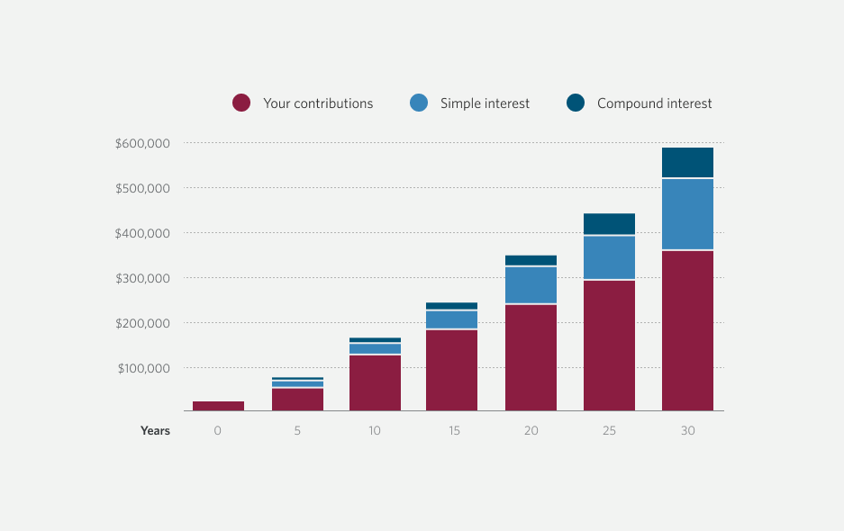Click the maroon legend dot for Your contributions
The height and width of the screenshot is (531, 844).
240,103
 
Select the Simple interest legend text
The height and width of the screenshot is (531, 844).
485,103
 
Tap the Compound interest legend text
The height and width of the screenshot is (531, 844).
654,103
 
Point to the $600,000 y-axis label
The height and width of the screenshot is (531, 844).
143,143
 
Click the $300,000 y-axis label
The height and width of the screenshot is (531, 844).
143,278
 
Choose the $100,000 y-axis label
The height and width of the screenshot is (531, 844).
143,368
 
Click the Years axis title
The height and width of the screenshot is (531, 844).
155,431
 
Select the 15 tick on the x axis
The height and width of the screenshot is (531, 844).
453,431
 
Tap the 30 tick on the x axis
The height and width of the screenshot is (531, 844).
687,431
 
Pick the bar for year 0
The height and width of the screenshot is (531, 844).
218,406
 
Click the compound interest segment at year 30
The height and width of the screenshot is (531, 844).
687,162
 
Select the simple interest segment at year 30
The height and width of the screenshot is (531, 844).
687,214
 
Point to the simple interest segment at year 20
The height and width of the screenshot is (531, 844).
531,285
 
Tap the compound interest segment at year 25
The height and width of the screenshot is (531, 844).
609,224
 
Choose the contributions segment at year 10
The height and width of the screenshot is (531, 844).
375,382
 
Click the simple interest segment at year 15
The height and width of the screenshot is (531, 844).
451,319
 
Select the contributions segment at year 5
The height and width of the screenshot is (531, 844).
297,400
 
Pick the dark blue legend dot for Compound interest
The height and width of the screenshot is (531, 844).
576,103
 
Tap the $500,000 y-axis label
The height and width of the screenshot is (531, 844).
143,188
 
